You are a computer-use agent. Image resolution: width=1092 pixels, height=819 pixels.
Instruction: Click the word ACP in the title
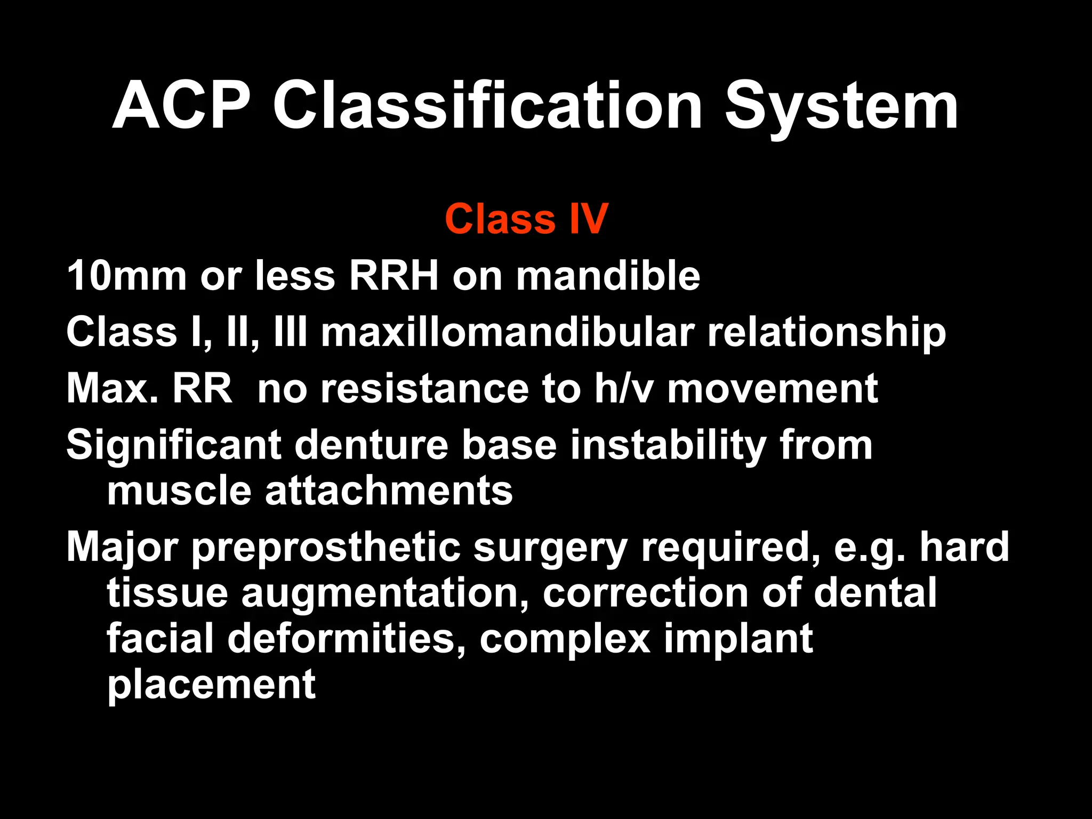click(181, 105)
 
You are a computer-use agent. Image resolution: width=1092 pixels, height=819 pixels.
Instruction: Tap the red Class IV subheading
click(526, 219)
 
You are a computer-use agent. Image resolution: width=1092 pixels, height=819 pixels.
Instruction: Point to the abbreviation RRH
click(394, 276)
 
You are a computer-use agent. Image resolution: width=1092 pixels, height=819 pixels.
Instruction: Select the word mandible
click(608, 276)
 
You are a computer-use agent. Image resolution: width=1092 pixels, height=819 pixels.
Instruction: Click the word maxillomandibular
click(507, 332)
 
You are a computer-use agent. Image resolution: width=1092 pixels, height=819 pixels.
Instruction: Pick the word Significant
click(173, 445)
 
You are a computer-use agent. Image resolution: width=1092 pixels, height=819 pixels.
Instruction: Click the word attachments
click(389, 491)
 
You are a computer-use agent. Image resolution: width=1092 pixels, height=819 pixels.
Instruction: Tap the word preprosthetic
click(326, 548)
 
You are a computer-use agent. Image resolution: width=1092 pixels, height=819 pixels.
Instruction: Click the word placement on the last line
click(212, 685)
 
